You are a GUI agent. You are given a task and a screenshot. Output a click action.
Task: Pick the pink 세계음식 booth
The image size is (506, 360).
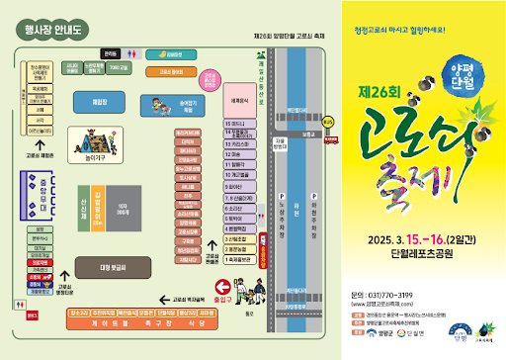click(237, 101)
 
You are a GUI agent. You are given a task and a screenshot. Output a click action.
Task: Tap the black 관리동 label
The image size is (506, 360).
click(108, 53)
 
